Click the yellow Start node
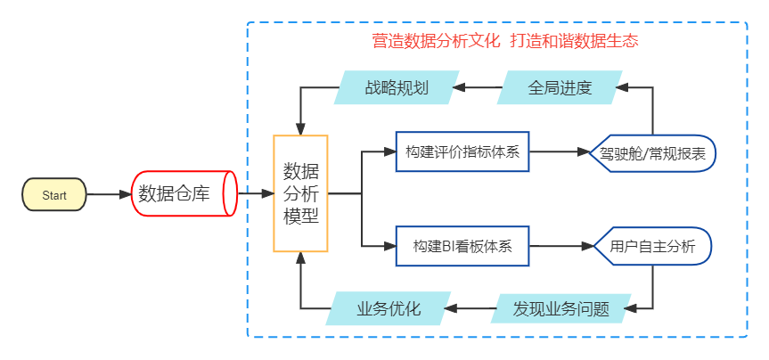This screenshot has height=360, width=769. coord(53,194)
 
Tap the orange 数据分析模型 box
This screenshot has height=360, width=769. coord(300,193)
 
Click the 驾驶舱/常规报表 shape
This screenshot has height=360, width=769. coord(653,153)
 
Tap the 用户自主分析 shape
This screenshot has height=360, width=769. coord(653,245)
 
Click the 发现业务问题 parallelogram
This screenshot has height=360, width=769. coord(561,309)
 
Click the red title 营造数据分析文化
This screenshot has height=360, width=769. coord(436,41)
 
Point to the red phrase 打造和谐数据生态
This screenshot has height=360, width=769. coord(575,41)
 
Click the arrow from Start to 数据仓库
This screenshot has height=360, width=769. coord(108,194)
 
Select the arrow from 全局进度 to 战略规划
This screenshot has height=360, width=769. coord(476,87)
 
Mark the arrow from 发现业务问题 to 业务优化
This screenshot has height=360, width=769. coord(469,309)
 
